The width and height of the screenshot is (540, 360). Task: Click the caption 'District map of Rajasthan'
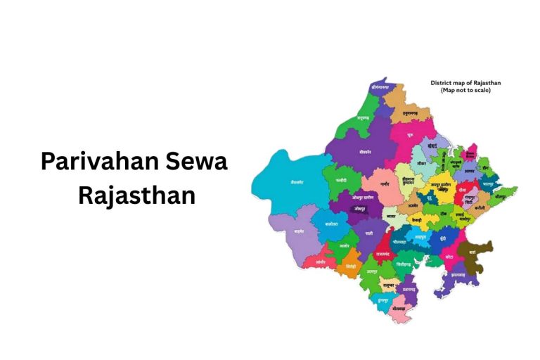[x=465, y=83]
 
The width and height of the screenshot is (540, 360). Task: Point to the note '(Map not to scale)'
[x=465, y=91]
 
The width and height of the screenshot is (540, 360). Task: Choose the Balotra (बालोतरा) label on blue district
[x=332, y=224]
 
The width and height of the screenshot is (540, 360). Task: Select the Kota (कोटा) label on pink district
[x=449, y=257]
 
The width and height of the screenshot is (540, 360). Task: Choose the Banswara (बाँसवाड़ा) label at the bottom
[x=399, y=310]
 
